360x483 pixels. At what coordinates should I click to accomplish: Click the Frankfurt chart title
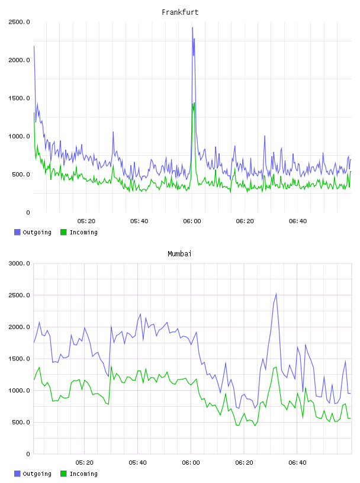point(180,12)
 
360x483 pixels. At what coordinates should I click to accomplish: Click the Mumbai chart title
point(179,253)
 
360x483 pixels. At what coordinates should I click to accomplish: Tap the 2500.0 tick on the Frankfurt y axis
point(19,22)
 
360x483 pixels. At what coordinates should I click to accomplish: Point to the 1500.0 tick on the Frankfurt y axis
point(19,98)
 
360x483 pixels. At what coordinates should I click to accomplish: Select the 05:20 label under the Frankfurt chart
point(86,221)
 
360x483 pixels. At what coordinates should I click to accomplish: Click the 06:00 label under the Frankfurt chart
point(192,221)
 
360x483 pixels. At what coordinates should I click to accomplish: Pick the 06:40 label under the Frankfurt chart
point(298,221)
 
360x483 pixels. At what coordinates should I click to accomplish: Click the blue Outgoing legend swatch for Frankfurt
point(17,232)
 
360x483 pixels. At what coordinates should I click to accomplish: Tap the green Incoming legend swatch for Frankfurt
point(63,232)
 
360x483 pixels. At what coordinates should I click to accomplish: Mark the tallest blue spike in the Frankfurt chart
point(192,28)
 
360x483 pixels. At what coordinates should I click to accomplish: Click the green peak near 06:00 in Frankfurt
point(194,103)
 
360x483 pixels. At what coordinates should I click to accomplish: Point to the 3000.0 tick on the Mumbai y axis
point(19,263)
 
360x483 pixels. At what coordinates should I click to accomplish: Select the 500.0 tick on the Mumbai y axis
point(21,422)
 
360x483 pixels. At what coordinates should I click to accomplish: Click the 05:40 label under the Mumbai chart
point(138,462)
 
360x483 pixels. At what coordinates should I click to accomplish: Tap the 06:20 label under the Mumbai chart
point(244,462)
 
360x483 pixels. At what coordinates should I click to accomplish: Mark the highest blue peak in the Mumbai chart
point(276,294)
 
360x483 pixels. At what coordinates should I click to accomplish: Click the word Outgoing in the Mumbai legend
point(37,474)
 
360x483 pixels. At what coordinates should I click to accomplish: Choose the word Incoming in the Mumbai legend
point(83,474)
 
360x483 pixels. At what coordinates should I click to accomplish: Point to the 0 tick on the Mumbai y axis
point(28,454)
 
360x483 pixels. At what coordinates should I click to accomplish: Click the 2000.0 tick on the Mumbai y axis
point(19,327)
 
